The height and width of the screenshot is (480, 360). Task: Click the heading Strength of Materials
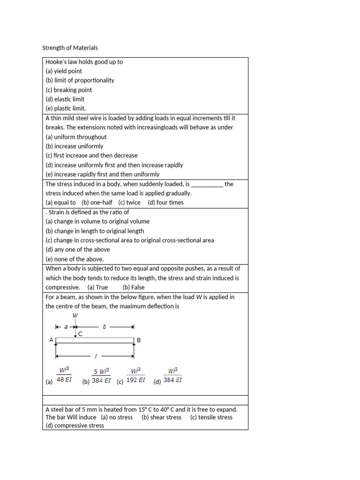(70, 48)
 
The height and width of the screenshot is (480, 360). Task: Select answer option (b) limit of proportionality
(80, 80)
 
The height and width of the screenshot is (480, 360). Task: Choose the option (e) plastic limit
(66, 108)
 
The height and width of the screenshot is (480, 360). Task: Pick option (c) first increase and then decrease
(91, 156)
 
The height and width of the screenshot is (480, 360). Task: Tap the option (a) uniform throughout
(76, 137)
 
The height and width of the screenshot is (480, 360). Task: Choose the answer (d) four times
(165, 202)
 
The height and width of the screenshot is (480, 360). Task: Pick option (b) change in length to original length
(95, 231)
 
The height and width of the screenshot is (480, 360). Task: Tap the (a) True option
(97, 287)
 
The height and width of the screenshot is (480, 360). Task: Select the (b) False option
(134, 287)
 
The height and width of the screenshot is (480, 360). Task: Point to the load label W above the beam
(75, 316)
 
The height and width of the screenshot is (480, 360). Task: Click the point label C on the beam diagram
(80, 334)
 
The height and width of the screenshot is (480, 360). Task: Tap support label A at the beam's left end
(51, 340)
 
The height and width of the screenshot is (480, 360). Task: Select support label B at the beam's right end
(139, 340)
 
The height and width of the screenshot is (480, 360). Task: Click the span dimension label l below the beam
(95, 356)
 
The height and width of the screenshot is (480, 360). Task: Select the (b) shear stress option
(161, 417)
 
